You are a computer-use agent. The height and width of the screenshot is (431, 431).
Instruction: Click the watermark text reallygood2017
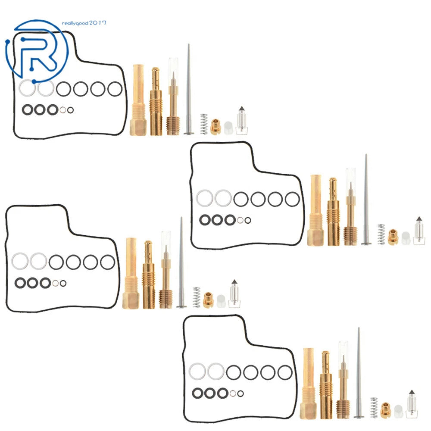pos(84,23)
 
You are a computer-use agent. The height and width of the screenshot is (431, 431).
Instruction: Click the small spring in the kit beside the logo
pos(204,124)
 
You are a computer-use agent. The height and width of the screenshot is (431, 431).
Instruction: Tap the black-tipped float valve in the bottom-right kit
pos(412,404)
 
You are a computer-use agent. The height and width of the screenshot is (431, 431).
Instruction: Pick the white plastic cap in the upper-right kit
pos(406,238)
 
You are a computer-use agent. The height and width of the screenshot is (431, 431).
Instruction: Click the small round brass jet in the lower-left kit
pos(208,300)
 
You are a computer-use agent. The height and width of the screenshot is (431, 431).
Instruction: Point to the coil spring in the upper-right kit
pos(381,234)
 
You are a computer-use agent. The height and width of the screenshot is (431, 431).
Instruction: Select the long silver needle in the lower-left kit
pos(181,262)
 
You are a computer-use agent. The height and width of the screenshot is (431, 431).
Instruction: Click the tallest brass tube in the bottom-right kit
pos(309,384)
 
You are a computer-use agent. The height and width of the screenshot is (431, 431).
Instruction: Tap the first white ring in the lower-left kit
pos(20,261)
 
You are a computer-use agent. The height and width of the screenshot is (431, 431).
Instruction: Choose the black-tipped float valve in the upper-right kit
pos(419,231)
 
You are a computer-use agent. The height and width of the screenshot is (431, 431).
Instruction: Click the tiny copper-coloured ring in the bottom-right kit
pos(233,394)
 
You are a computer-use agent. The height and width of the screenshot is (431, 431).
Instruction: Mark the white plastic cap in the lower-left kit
pos(221,301)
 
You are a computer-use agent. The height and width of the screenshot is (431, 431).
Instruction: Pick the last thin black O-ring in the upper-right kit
pos(292,199)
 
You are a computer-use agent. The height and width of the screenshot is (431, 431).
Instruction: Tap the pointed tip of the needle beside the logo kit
pos(189,44)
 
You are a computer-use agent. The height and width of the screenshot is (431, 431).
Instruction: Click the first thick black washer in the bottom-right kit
pos(197,393)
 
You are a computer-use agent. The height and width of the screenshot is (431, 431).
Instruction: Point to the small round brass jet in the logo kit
pos(215,127)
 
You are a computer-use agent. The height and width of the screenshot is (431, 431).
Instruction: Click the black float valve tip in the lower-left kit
pos(234,282)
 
